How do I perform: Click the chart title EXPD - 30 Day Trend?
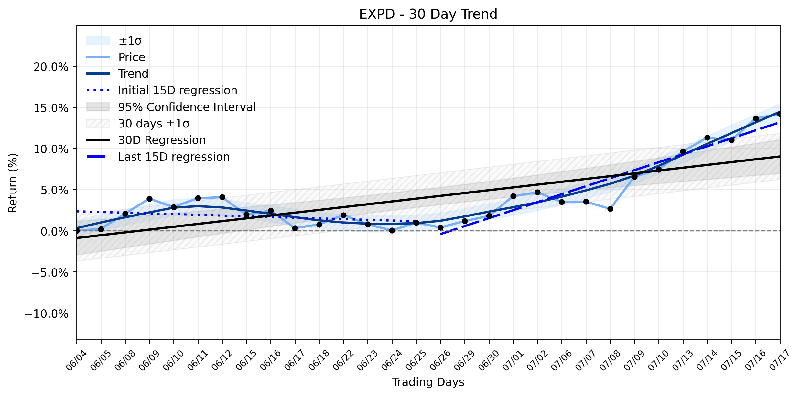(428, 14)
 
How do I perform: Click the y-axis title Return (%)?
(13, 183)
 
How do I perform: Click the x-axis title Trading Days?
(428, 382)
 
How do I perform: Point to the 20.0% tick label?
(51, 67)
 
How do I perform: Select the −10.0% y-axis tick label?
(47, 313)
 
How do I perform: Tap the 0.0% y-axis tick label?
(55, 231)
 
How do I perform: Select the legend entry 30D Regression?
(162, 140)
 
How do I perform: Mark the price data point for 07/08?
(610, 209)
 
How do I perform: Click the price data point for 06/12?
(222, 197)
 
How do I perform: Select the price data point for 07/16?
(756, 118)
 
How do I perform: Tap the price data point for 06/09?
(149, 199)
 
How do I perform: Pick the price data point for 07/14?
(707, 137)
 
